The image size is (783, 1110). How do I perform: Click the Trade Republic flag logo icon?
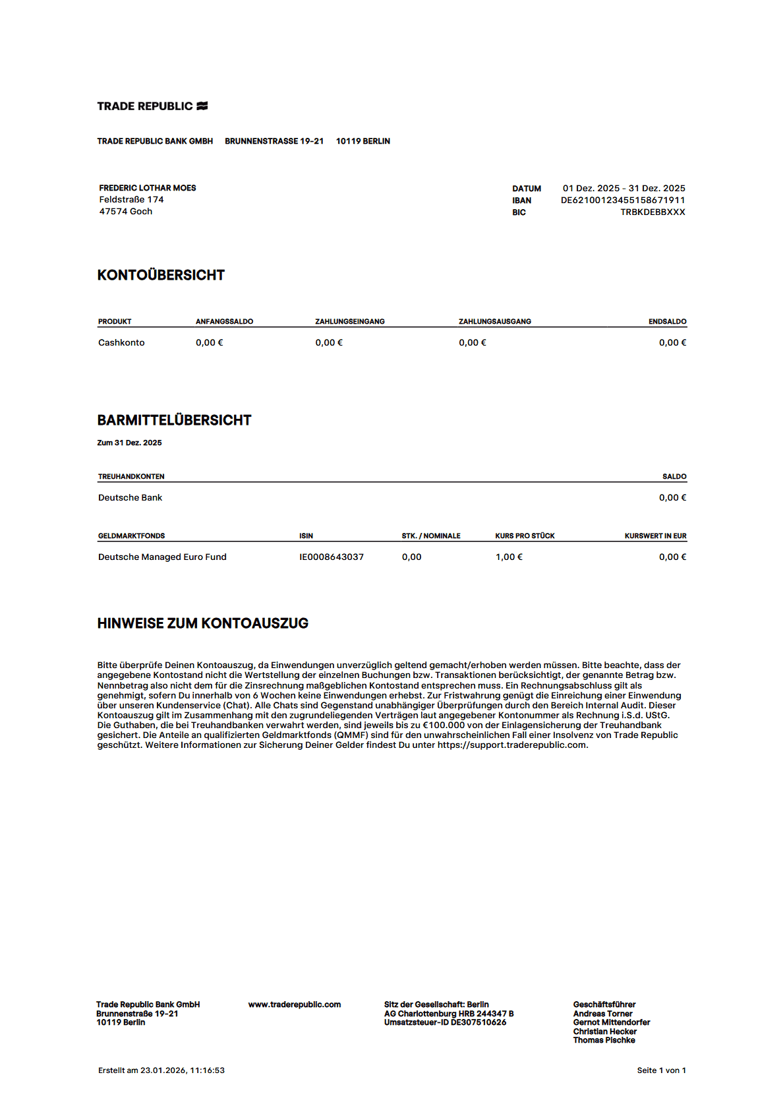pyautogui.click(x=202, y=106)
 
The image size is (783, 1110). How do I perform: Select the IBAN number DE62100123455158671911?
pyautogui.click(x=623, y=200)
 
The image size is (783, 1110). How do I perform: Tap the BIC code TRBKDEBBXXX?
pyautogui.click(x=652, y=212)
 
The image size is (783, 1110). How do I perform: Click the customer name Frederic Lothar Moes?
pyautogui.click(x=148, y=188)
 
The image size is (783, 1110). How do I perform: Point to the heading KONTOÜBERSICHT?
pyautogui.click(x=161, y=275)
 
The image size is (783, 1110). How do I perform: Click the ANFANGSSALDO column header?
pyautogui.click(x=224, y=321)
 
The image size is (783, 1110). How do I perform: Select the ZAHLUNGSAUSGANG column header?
pyautogui.click(x=494, y=321)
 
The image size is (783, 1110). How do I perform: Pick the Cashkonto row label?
pyautogui.click(x=121, y=342)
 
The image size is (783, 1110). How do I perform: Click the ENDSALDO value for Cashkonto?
pyautogui.click(x=672, y=342)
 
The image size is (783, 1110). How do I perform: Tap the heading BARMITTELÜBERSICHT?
pyautogui.click(x=174, y=420)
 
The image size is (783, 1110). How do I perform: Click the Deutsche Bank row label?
pyautogui.click(x=130, y=497)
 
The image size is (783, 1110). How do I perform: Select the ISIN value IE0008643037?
pyautogui.click(x=332, y=557)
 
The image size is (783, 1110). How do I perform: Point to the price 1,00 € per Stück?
pyautogui.click(x=509, y=557)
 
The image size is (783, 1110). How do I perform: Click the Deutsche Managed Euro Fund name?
pyautogui.click(x=162, y=557)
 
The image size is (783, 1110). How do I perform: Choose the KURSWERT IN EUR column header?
pyautogui.click(x=655, y=536)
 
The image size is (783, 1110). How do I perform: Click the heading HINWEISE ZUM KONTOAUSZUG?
pyautogui.click(x=202, y=623)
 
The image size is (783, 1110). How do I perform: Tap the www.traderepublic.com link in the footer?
pyautogui.click(x=295, y=1004)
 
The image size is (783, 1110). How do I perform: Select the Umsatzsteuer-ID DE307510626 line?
pyautogui.click(x=445, y=1022)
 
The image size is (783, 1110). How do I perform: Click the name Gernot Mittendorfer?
pyautogui.click(x=611, y=1022)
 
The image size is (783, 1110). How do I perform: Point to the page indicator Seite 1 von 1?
pyautogui.click(x=661, y=1070)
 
